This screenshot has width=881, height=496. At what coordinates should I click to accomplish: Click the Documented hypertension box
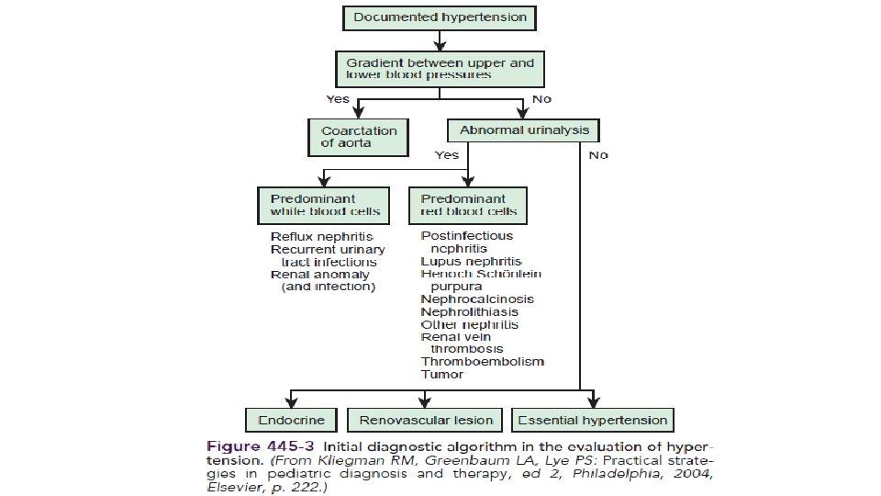tap(440, 17)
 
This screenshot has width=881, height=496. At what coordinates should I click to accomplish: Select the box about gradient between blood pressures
tap(440, 69)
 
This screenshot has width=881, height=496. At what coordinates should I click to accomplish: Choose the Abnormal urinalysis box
tap(523, 130)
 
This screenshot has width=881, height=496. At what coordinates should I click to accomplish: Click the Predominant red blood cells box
tap(468, 205)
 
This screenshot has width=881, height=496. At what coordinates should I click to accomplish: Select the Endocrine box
tap(290, 421)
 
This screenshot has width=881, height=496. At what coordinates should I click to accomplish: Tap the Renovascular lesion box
tap(425, 421)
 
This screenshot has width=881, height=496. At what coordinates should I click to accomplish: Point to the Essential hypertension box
tap(592, 421)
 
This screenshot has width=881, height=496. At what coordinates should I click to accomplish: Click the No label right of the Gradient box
tap(541, 98)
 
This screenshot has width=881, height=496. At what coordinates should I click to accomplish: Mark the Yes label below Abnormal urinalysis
tap(447, 155)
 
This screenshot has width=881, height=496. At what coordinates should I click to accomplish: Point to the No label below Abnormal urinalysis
tap(598, 155)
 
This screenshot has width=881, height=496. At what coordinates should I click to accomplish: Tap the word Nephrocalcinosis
tap(477, 299)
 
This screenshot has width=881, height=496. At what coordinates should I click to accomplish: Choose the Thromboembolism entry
tap(482, 362)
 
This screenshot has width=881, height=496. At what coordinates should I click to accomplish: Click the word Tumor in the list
tap(442, 375)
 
